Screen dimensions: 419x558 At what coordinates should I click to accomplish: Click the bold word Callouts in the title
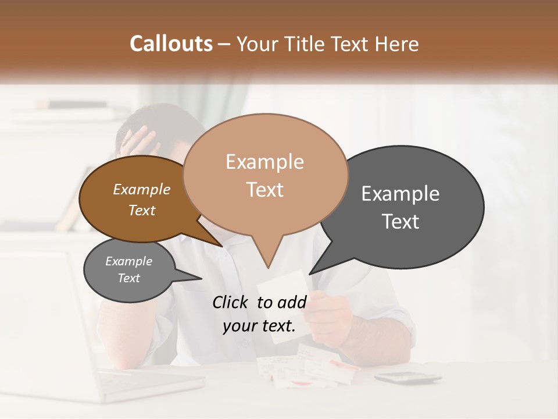[171, 44]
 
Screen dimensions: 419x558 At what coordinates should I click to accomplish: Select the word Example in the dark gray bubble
[400, 194]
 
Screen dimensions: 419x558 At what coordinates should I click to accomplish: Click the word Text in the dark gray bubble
[400, 222]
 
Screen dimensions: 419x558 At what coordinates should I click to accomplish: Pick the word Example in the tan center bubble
[264, 162]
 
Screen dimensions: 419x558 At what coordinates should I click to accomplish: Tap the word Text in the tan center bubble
[264, 190]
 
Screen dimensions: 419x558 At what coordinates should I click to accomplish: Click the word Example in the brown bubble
[142, 190]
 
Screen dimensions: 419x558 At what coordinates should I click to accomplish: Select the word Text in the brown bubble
[142, 210]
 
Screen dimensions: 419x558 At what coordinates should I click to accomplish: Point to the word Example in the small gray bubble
[128, 261]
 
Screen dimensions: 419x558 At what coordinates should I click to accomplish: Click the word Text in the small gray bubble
[128, 278]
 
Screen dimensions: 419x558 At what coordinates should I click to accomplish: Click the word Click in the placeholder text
[231, 302]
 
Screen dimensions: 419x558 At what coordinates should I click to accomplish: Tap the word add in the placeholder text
[292, 302]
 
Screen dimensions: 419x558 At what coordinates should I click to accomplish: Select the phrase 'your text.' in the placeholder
[259, 326]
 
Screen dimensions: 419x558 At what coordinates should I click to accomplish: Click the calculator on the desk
[407, 378]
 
